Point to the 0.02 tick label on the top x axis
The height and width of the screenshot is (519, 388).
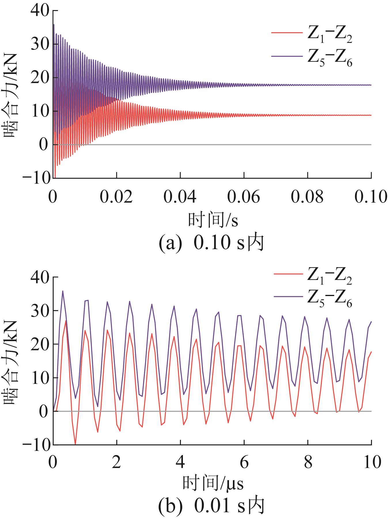pyautogui.click(x=117, y=197)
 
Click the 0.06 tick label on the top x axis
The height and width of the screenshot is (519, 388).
pyautogui.click(x=244, y=197)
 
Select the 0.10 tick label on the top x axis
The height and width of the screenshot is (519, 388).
pyautogui.click(x=370, y=197)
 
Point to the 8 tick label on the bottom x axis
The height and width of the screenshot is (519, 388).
pyautogui.click(x=308, y=463)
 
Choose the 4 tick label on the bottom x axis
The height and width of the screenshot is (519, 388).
pyautogui.click(x=180, y=463)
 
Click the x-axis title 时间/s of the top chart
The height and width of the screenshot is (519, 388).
pyautogui.click(x=213, y=220)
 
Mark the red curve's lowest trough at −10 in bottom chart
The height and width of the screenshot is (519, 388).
pyautogui.click(x=75, y=444)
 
